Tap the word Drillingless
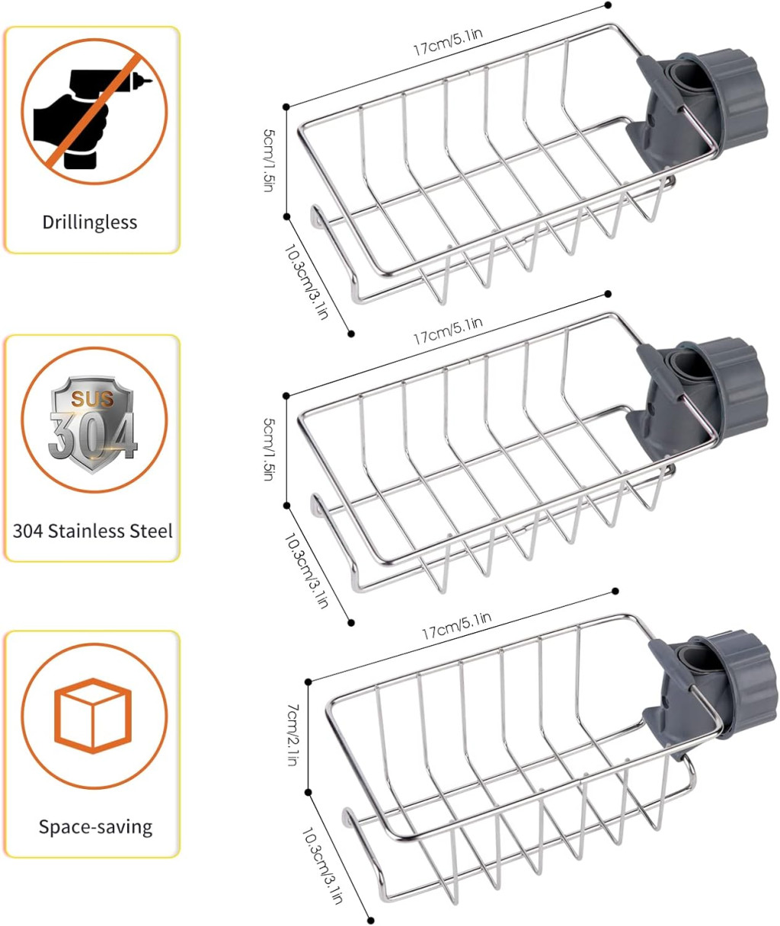pos(90,222)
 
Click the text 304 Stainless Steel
pos(93,531)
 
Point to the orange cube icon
pos(93,714)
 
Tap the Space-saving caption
pos(95,826)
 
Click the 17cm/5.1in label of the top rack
pos(447,43)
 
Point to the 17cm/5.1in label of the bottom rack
pos(456,624)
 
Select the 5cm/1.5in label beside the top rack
pos(268,160)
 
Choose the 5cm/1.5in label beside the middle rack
pos(268,449)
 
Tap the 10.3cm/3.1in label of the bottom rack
pos(323,865)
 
